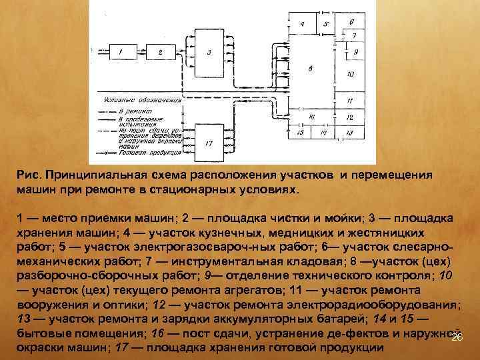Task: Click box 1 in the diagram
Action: tap(120, 51)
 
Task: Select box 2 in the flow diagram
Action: tap(161, 51)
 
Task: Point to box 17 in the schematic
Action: tap(209, 143)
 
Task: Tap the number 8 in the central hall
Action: tap(311, 69)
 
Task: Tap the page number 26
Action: tap(457, 339)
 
